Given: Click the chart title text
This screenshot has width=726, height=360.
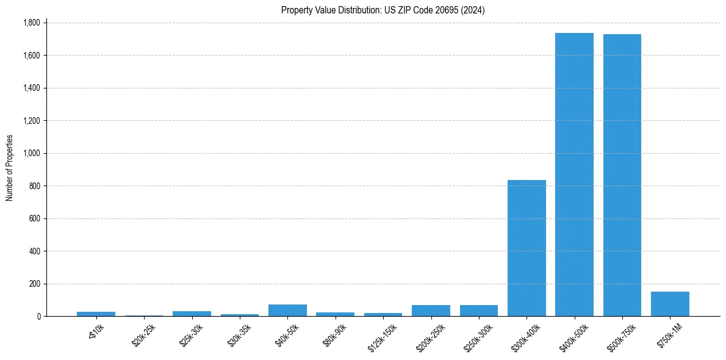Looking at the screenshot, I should pyautogui.click(x=383, y=10).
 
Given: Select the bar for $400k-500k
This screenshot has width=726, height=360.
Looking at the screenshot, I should pyautogui.click(x=574, y=175).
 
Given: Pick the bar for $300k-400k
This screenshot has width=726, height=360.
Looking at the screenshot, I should pyautogui.click(x=527, y=248).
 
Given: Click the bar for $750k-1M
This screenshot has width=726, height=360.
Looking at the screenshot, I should pyautogui.click(x=670, y=304).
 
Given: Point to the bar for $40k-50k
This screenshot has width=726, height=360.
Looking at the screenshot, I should pyautogui.click(x=287, y=310).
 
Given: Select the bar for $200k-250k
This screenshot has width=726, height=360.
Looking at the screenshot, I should pyautogui.click(x=431, y=311).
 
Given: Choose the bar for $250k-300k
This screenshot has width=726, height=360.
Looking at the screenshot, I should pyautogui.click(x=479, y=311).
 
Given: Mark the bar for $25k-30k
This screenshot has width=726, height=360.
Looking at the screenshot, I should pyautogui.click(x=192, y=314).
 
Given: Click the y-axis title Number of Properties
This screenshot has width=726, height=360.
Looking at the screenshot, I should pyautogui.click(x=10, y=168).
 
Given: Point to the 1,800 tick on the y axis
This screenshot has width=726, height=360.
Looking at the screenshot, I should pyautogui.click(x=31, y=23).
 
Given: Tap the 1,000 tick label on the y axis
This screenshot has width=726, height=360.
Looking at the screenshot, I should pyautogui.click(x=31, y=153).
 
